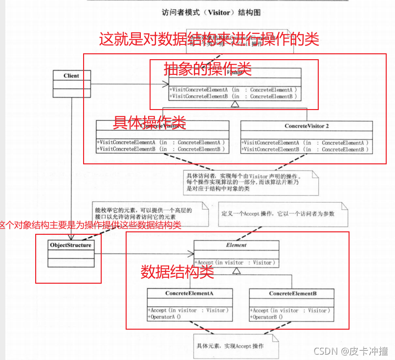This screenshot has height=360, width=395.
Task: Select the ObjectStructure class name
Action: click(x=70, y=245)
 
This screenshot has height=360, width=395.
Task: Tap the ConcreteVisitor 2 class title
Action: click(x=307, y=126)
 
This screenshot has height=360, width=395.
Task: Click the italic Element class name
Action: click(x=236, y=245)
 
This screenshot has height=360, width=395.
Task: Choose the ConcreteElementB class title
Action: click(x=292, y=293)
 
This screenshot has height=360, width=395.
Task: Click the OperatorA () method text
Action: click(x=164, y=317)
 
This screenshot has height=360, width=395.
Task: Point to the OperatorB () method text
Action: click(x=267, y=317)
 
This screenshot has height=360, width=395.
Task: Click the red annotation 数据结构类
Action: click(x=177, y=272)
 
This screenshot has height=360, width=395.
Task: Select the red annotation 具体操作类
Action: click(x=149, y=121)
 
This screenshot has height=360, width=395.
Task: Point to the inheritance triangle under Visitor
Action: click(x=235, y=104)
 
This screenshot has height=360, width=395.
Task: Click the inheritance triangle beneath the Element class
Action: click(x=237, y=270)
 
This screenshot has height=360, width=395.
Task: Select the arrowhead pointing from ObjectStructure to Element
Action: click(x=191, y=254)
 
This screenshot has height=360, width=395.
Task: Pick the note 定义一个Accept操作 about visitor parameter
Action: click(x=279, y=214)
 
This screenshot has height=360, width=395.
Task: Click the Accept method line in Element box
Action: click(x=236, y=263)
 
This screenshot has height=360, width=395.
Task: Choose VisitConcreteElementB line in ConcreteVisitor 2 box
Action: click(x=305, y=149)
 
